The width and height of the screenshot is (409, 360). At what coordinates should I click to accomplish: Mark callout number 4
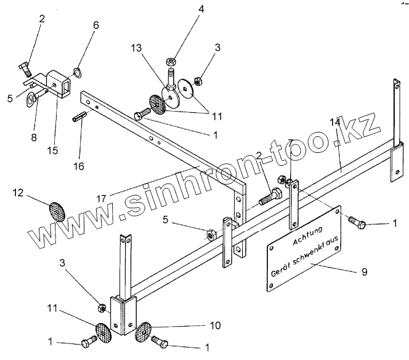coord(173,9)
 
